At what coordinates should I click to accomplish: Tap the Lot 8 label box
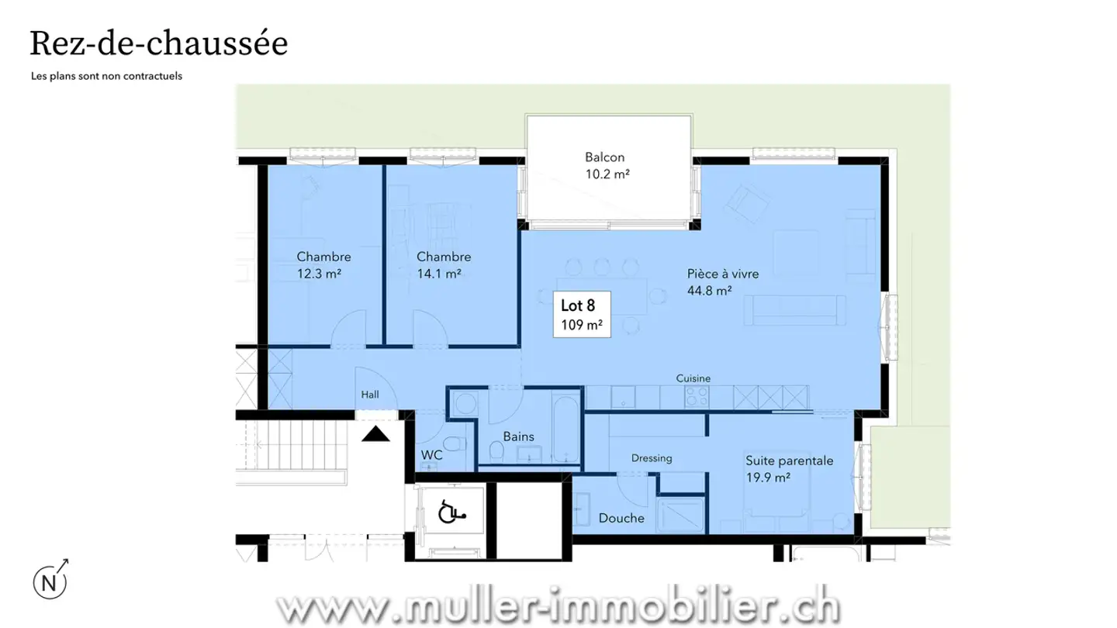coord(581,315)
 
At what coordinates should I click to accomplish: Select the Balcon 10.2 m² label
coord(607,166)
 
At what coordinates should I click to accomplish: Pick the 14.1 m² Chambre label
coord(443,265)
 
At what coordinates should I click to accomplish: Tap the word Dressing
coord(651,458)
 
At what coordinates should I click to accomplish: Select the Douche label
coord(621,518)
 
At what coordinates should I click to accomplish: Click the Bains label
coord(518,436)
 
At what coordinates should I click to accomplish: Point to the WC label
coord(431,455)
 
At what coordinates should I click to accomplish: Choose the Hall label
coord(370,395)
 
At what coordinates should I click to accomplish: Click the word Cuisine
coord(693,378)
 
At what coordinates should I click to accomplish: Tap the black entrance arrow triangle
coord(375,434)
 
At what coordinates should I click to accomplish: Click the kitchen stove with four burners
coord(696,397)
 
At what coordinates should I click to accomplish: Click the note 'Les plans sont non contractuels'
coord(106,77)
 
